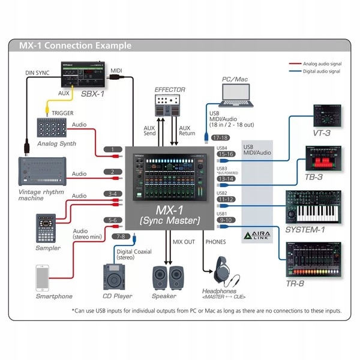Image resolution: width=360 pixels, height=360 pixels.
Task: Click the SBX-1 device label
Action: coord(92,94)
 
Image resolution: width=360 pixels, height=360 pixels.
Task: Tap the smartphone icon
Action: coord(43,278)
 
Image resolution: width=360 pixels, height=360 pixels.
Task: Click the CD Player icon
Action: coord(115,276)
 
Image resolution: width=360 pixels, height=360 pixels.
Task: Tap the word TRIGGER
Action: coord(63,113)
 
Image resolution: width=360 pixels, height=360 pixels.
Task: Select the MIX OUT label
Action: coord(184,242)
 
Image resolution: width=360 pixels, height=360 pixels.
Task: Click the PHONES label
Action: coord(215,242)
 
